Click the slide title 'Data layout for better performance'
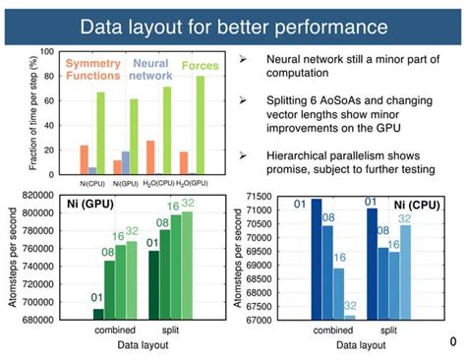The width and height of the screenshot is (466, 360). [x=232, y=23]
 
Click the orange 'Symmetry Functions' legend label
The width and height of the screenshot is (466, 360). [x=93, y=70]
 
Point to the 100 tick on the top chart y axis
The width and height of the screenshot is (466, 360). [x=46, y=50]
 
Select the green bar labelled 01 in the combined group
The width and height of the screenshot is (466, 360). [x=98, y=314]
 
